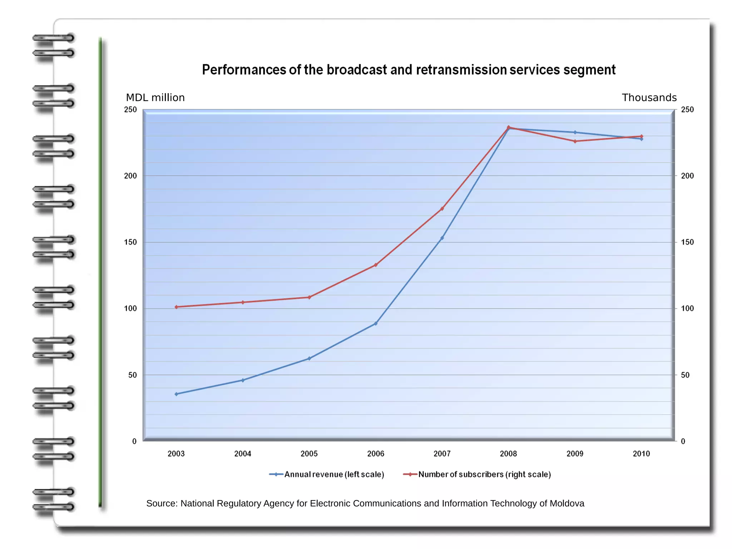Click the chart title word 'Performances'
[244, 70]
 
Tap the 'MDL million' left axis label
[155, 98]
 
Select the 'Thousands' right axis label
[649, 98]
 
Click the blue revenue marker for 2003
[176, 394]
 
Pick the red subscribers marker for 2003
[176, 307]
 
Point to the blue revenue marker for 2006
[376, 323]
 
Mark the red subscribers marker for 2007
[442, 208]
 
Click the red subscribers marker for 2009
[575, 141]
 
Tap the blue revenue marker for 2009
[575, 132]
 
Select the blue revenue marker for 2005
[309, 358]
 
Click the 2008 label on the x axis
[508, 454]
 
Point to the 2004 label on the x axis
[242, 454]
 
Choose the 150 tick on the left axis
[130, 242]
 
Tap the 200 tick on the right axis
[687, 176]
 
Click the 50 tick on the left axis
[133, 375]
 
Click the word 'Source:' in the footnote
[162, 503]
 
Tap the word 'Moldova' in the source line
[567, 503]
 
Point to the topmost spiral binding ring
[54, 38]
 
